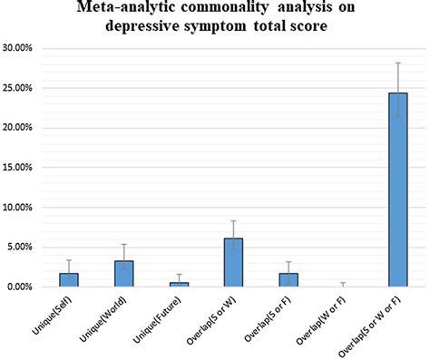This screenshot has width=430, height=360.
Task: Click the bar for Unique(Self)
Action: tap(70, 280)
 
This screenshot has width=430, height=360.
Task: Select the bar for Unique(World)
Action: tap(124, 274)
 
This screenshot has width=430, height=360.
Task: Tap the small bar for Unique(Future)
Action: tap(179, 285)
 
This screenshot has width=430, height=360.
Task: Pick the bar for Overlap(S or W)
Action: tap(233, 263)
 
